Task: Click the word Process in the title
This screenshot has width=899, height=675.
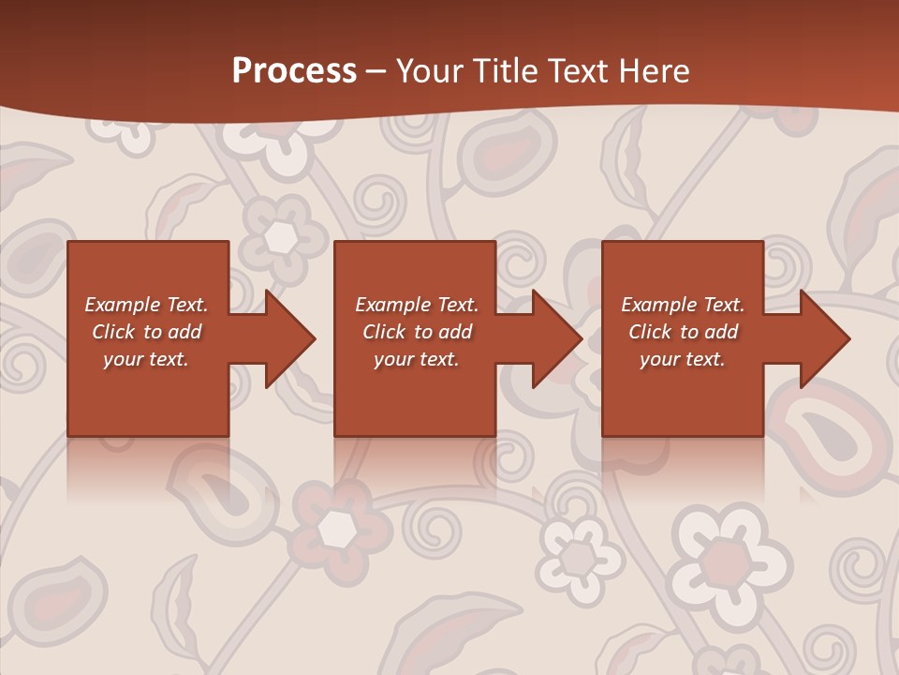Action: pos(294,71)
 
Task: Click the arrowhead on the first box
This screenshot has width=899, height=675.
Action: pos(290,338)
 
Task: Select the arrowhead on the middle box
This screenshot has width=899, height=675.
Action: pos(557,338)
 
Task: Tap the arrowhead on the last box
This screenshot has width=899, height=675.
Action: pos(825,338)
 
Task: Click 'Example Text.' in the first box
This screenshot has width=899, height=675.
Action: pos(146,305)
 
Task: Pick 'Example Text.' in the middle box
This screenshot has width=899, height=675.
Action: pos(417,305)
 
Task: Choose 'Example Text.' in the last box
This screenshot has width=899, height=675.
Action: pos(683,305)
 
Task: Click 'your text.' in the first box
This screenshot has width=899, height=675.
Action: pos(146,359)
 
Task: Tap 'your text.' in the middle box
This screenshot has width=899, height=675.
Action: pos(417,359)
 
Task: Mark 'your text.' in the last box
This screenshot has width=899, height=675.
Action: pos(683,359)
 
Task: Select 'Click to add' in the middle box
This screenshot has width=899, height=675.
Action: pos(417,332)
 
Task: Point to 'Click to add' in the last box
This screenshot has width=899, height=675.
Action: pos(683,332)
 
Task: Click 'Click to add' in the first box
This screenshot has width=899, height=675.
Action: pos(146,332)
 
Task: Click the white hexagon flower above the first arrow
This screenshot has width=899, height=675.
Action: pos(280,237)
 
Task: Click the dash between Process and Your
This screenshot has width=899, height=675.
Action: pos(376,72)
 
